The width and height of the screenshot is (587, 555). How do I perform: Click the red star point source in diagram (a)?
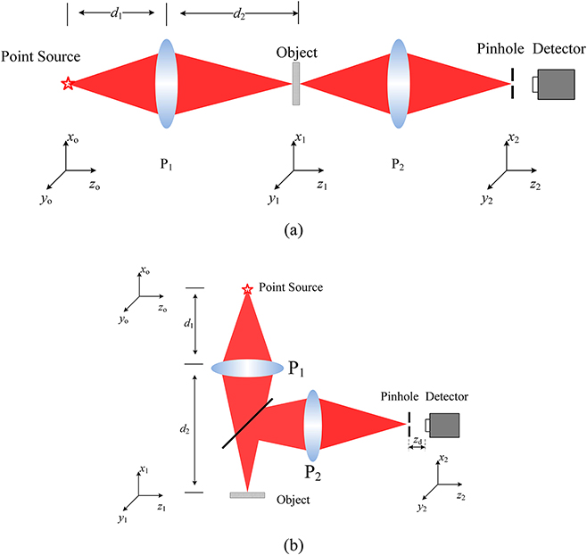(67, 84)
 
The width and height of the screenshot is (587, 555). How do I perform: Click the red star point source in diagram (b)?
(247, 289)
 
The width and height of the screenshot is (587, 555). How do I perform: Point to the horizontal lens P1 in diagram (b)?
(246, 369)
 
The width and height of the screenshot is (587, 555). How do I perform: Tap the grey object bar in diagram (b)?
(247, 494)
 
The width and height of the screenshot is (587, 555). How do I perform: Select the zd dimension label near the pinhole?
(418, 442)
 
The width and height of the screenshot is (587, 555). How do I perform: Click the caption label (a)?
(293, 229)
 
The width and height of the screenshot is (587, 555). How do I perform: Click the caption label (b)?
(293, 541)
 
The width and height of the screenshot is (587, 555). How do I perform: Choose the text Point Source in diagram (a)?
(41, 57)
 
